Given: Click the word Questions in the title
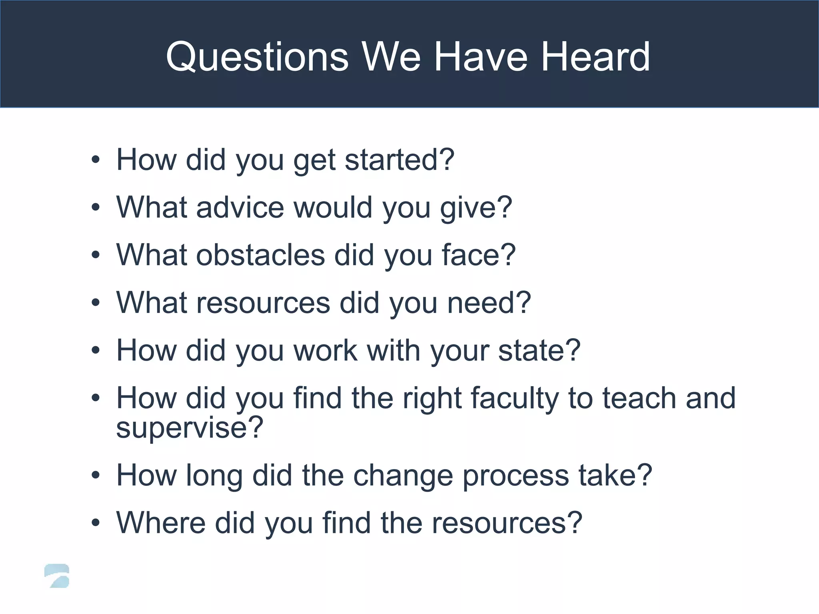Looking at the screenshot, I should pyautogui.click(x=257, y=57).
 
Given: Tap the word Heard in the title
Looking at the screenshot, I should pyautogui.click(x=595, y=57).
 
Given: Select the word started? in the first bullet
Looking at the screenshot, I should pyautogui.click(x=400, y=160).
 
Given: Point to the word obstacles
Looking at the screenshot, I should pyautogui.click(x=260, y=255).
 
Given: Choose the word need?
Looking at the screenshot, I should pyautogui.click(x=489, y=303).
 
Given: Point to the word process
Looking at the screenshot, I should pyautogui.click(x=515, y=476).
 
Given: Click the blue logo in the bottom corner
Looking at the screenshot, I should pyautogui.click(x=57, y=576).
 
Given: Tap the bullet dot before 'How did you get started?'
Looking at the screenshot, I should pyautogui.click(x=95, y=160).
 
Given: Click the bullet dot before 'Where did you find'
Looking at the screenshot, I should pyautogui.click(x=95, y=523).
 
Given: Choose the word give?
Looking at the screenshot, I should pyautogui.click(x=476, y=208).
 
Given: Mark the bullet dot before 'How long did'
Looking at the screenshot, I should pyautogui.click(x=95, y=476).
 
